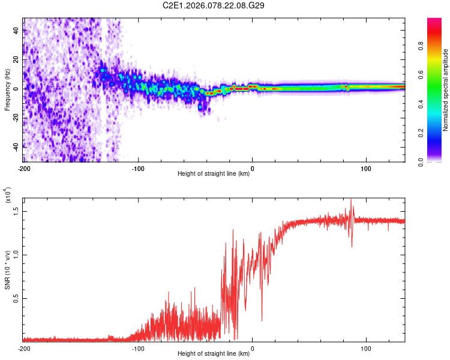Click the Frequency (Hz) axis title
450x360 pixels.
tap(7, 90)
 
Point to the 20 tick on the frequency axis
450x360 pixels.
tap(17, 59)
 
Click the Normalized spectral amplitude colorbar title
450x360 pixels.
tap(446, 90)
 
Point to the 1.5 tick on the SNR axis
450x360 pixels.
tap(16, 210)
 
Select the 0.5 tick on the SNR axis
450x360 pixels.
tap(16, 298)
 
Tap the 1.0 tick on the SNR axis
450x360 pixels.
tap(16, 254)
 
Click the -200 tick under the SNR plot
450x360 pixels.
tap(24, 348)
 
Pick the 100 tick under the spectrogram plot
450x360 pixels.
tap(365, 168)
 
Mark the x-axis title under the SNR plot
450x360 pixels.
tap(214, 354)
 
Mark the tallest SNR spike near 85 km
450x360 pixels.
tap(351, 200)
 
